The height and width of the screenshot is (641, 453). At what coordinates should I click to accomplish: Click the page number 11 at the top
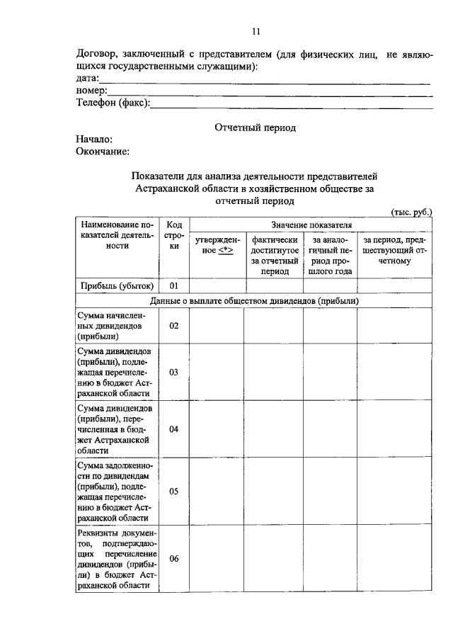[256, 30]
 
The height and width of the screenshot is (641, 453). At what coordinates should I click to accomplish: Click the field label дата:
[87, 79]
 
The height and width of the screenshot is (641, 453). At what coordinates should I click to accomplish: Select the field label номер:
[91, 91]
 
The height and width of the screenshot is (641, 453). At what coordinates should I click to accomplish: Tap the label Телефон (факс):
[113, 103]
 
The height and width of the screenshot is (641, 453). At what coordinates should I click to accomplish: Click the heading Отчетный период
[255, 127]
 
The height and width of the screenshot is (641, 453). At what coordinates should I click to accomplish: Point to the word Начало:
[94, 140]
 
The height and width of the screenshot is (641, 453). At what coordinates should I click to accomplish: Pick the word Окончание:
[103, 151]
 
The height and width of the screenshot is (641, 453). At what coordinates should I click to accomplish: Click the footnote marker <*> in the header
[226, 251]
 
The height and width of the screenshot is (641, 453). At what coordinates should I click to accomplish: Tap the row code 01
[174, 286]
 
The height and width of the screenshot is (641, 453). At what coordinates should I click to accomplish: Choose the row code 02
[174, 326]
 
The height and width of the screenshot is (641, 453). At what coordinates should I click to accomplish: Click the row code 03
[174, 372]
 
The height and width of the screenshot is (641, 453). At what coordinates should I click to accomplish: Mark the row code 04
[174, 429]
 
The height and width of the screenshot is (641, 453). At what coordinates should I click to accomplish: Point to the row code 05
[174, 491]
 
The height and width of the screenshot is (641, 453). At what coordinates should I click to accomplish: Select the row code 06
[174, 558]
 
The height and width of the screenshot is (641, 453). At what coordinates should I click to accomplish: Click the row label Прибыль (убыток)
[117, 286]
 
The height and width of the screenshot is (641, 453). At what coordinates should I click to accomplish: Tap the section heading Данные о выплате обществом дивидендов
[255, 301]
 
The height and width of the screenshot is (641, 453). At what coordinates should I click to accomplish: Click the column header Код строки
[174, 234]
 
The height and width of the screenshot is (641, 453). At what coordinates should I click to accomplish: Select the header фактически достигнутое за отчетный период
[275, 256]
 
